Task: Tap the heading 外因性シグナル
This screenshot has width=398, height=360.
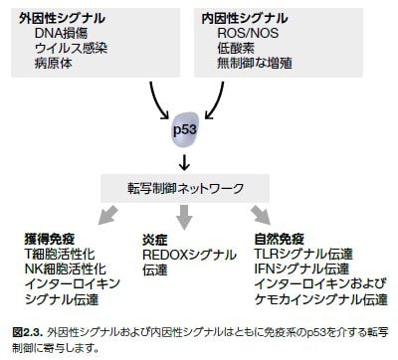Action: pos(62,19)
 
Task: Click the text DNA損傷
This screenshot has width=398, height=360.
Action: pos(62,35)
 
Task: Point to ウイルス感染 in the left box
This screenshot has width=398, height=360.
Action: pos(69,50)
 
